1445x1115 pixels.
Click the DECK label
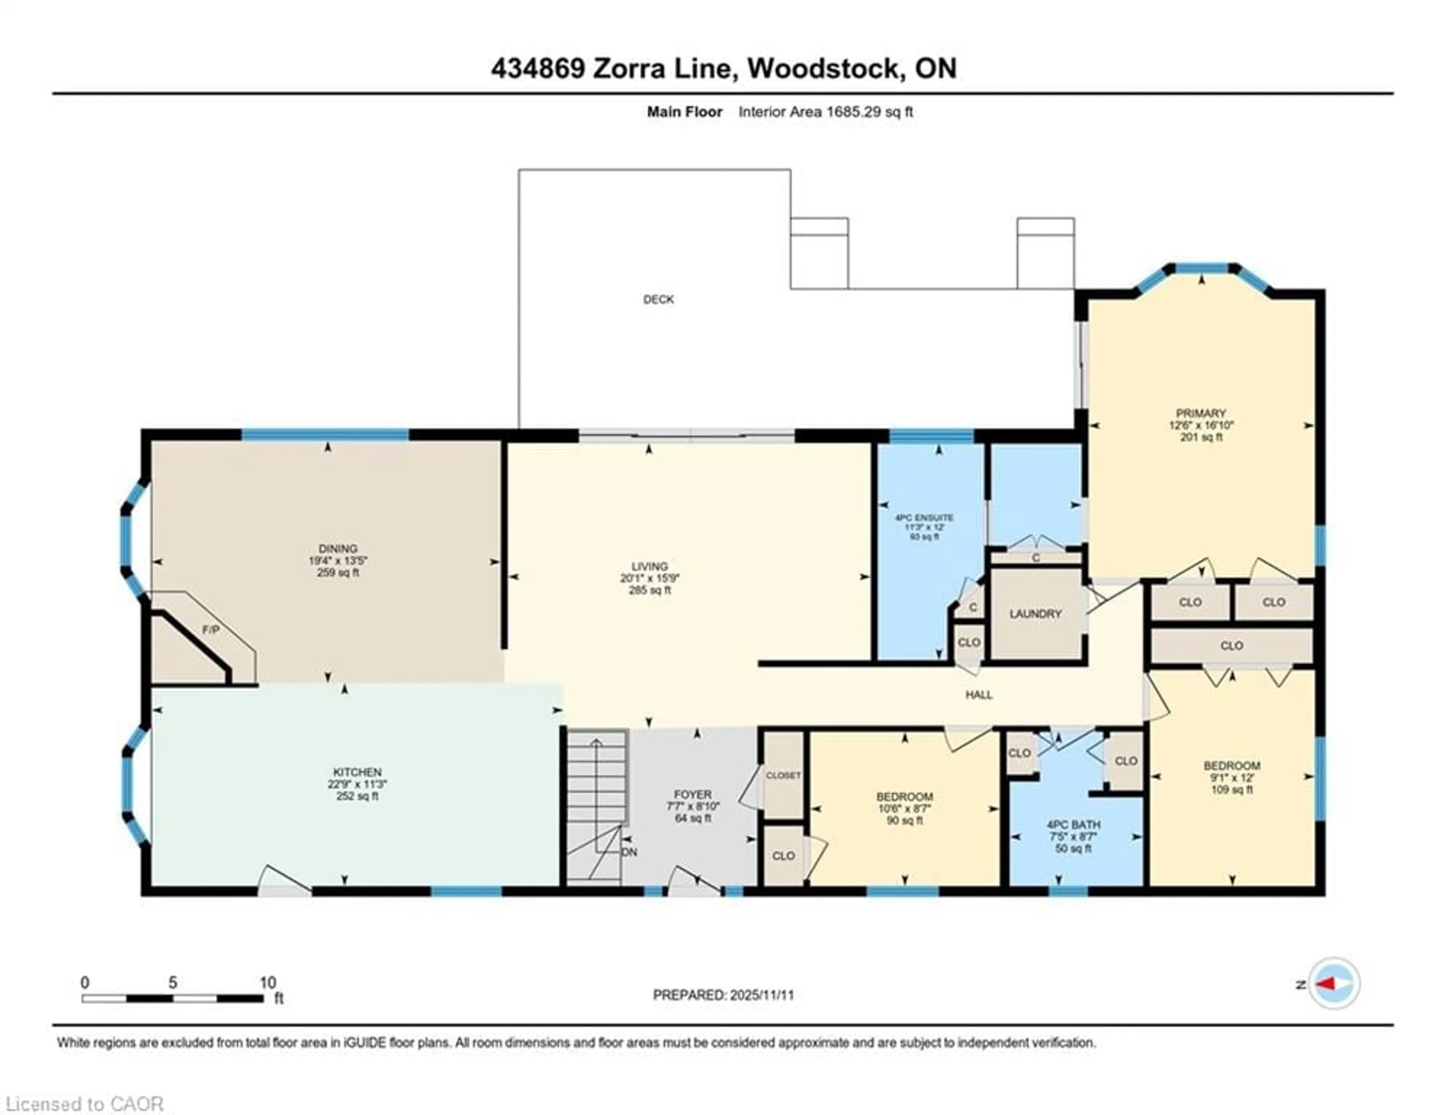tap(658, 299)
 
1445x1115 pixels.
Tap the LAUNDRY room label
tap(1036, 614)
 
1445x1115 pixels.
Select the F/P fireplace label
tap(210, 630)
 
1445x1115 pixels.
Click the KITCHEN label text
tap(357, 772)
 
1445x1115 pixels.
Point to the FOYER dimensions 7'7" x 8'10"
tap(693, 806)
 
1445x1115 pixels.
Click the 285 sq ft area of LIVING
tap(650, 590)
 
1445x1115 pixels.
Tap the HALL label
tap(978, 694)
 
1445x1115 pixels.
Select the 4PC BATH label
tap(1073, 825)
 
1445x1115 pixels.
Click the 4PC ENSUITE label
tap(924, 518)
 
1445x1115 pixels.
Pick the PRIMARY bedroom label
tap(1201, 413)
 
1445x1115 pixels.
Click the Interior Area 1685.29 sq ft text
tap(825, 112)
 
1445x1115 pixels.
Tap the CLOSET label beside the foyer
tap(783, 775)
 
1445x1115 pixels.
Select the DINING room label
tap(338, 548)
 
